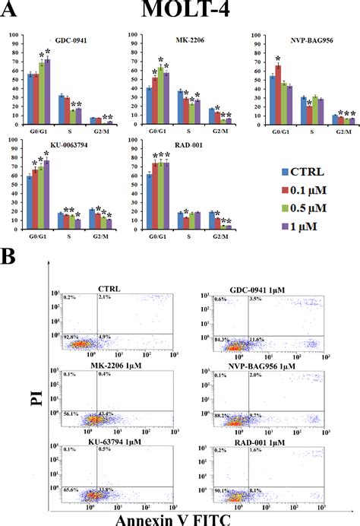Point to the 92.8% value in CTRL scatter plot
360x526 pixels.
coord(71,335)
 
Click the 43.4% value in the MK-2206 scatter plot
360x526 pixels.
coord(106,414)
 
